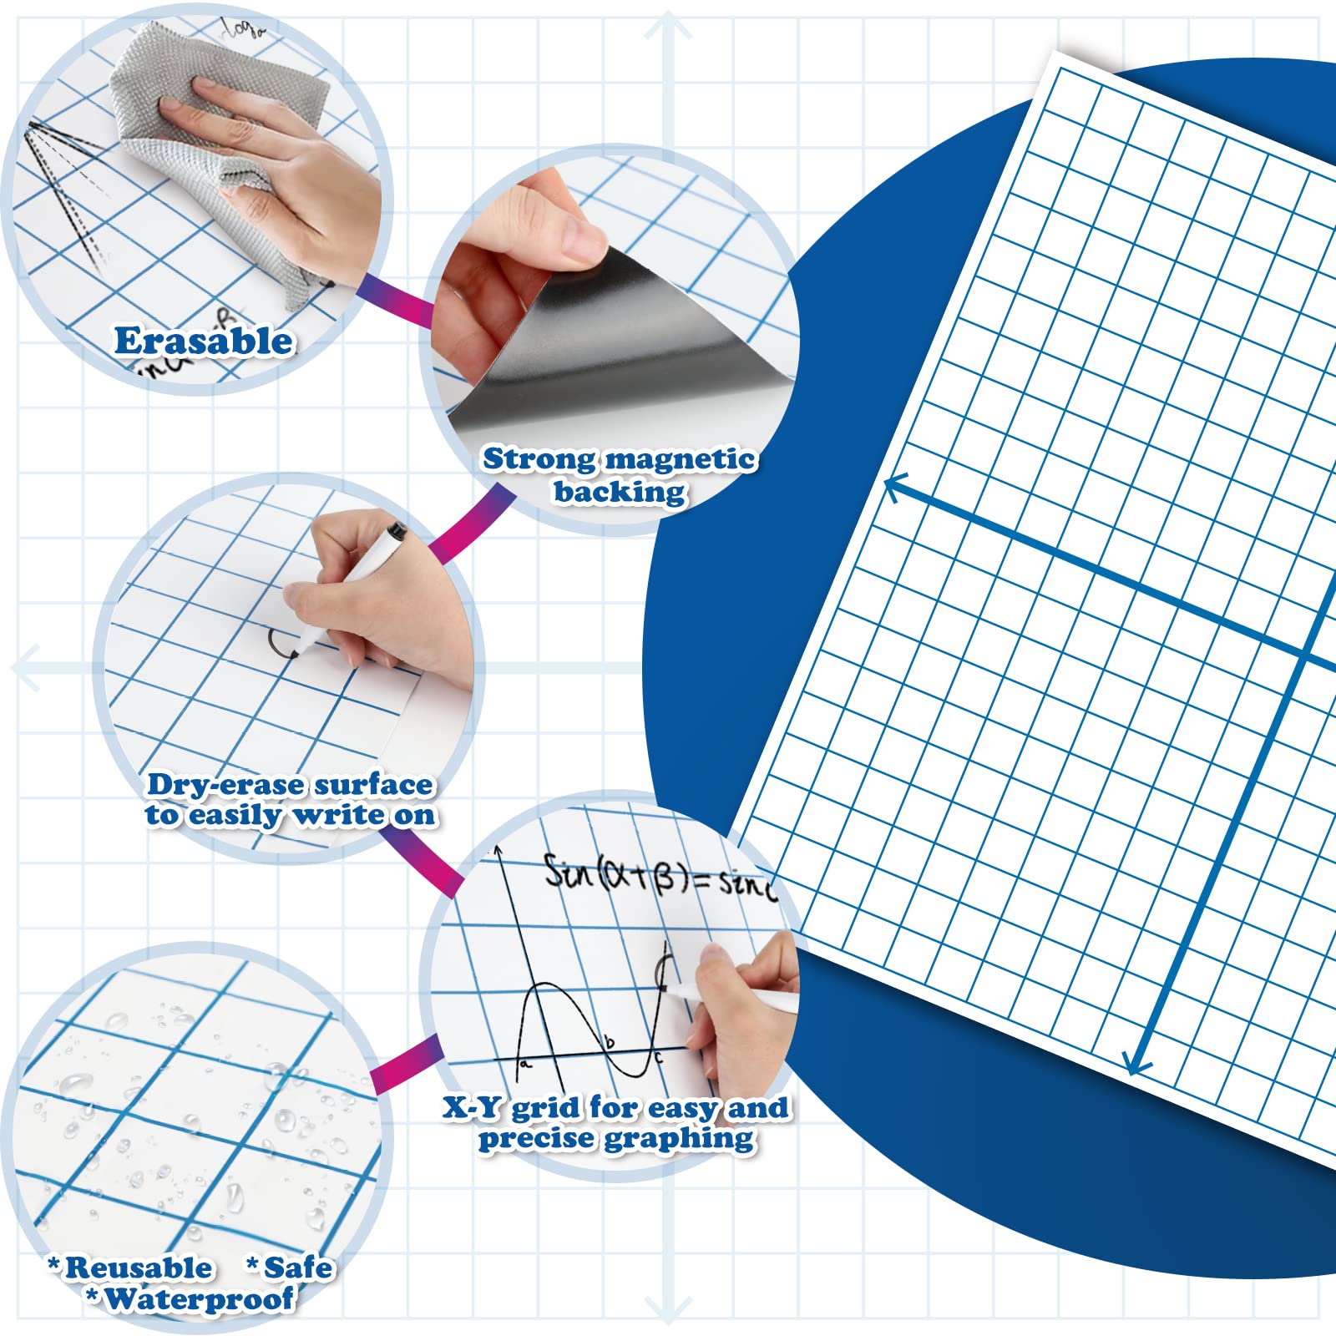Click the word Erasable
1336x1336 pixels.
coord(204,342)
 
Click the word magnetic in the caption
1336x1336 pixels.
coord(681,459)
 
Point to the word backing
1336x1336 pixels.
coord(620,492)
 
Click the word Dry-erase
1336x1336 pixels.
coord(226,785)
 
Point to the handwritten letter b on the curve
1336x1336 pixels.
coord(610,1041)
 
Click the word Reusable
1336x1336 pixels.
coord(138,1268)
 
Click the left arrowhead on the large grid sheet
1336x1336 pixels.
coord(895,486)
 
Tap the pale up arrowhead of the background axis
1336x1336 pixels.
coord(668,25)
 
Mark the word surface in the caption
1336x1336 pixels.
coord(374,785)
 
